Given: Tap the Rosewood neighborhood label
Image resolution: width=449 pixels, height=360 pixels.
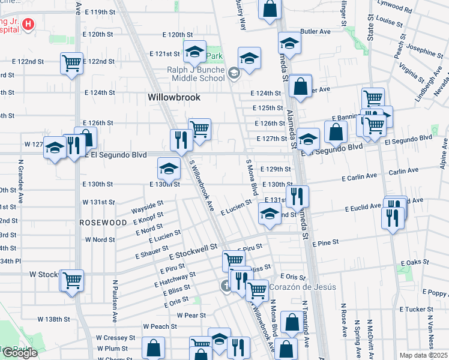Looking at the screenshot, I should click(x=103, y=222).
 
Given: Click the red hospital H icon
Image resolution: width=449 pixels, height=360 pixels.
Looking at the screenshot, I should click(x=27, y=25).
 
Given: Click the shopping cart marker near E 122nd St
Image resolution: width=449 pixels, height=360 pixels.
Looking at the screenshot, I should click(x=71, y=62).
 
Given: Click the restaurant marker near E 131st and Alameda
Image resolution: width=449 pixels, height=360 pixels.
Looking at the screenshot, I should click(x=297, y=196).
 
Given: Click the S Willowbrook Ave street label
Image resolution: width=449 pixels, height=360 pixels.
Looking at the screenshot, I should click(x=202, y=185).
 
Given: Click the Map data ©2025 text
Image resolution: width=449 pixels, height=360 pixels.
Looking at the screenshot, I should click(x=423, y=355).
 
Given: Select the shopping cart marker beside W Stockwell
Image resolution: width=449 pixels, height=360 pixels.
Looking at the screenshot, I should click(x=71, y=280).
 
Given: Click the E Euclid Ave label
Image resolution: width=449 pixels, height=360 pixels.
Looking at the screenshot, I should click(x=363, y=208).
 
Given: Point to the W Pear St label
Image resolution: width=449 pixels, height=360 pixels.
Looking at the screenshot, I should click(x=191, y=315).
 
